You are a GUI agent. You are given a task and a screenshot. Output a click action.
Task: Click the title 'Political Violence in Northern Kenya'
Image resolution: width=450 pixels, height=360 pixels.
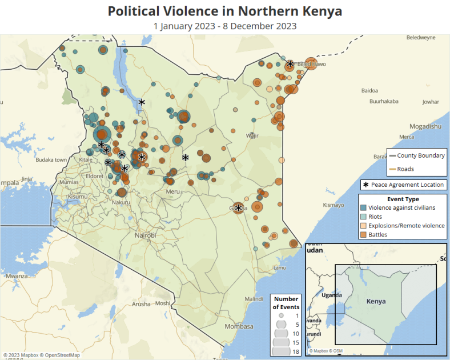225,11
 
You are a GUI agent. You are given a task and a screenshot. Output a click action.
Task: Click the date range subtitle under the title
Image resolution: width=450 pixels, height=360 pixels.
225,26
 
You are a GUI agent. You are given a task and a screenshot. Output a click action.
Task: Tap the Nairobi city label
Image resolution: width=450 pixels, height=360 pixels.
145,235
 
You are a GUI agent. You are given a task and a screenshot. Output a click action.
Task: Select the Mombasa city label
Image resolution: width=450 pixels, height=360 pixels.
239,326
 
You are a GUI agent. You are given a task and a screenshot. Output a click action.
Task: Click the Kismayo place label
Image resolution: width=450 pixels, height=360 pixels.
334,205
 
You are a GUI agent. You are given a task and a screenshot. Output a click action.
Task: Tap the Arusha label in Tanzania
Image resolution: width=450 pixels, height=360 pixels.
141,304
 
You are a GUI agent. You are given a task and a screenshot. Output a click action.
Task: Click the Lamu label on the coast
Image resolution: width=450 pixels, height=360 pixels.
279,267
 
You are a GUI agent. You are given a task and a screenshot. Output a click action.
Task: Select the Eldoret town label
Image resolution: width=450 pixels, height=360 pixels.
95,177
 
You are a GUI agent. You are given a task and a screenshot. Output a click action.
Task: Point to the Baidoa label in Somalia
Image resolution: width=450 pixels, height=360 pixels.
369,90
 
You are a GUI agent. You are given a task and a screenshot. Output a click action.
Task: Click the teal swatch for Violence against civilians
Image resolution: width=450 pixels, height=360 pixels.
363,208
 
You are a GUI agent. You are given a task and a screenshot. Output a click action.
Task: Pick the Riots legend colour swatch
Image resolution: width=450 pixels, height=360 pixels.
363,217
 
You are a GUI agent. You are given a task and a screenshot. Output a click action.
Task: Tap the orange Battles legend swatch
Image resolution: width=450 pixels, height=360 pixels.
363,234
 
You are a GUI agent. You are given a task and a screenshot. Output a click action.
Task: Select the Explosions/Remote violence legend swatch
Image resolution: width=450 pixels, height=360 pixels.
363,226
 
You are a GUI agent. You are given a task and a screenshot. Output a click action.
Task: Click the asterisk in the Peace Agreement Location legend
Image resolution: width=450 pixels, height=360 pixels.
365,185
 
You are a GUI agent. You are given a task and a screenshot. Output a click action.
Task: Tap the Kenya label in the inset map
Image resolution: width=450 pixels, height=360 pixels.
376,301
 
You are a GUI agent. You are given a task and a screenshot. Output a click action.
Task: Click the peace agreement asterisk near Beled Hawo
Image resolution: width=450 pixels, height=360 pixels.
290,64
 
